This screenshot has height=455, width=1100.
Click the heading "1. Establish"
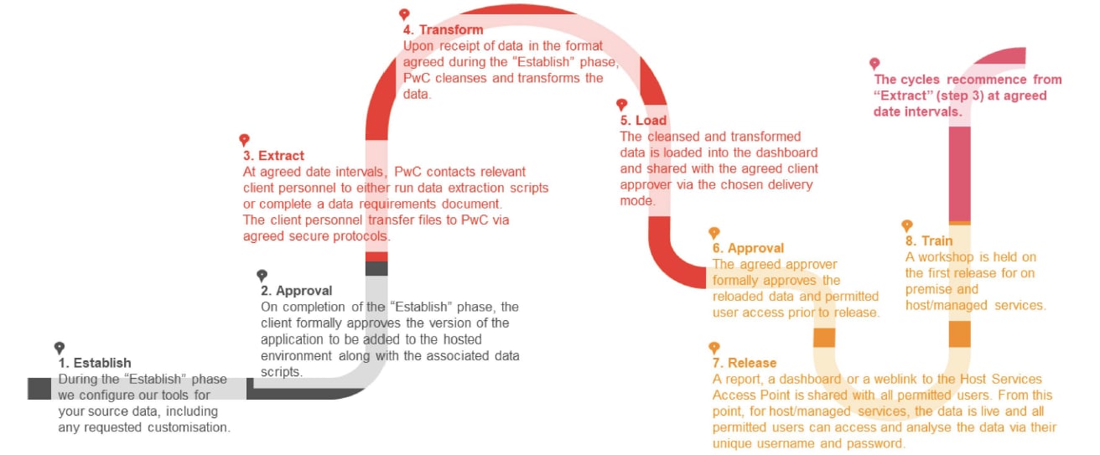95,364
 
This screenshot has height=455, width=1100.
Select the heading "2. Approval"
296,292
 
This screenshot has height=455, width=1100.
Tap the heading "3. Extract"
273,156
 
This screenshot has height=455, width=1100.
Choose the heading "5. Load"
643,121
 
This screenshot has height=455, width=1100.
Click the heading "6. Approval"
748,248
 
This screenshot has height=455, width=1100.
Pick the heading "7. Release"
745,363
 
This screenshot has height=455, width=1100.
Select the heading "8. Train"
929,241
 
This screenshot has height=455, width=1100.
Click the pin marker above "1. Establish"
60,348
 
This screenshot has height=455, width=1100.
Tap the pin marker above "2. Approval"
262,275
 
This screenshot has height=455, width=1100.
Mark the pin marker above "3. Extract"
244,140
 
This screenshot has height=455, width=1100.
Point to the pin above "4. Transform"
404,14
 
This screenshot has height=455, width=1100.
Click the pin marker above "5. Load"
621,105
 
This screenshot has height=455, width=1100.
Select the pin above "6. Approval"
714,232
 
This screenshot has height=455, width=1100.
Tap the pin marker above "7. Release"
714,347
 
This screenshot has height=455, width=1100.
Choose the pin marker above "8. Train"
906,225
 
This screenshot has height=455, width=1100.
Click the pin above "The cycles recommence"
874,64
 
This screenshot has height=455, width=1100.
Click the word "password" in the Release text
877,443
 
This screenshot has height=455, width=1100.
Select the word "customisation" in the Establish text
186,427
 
